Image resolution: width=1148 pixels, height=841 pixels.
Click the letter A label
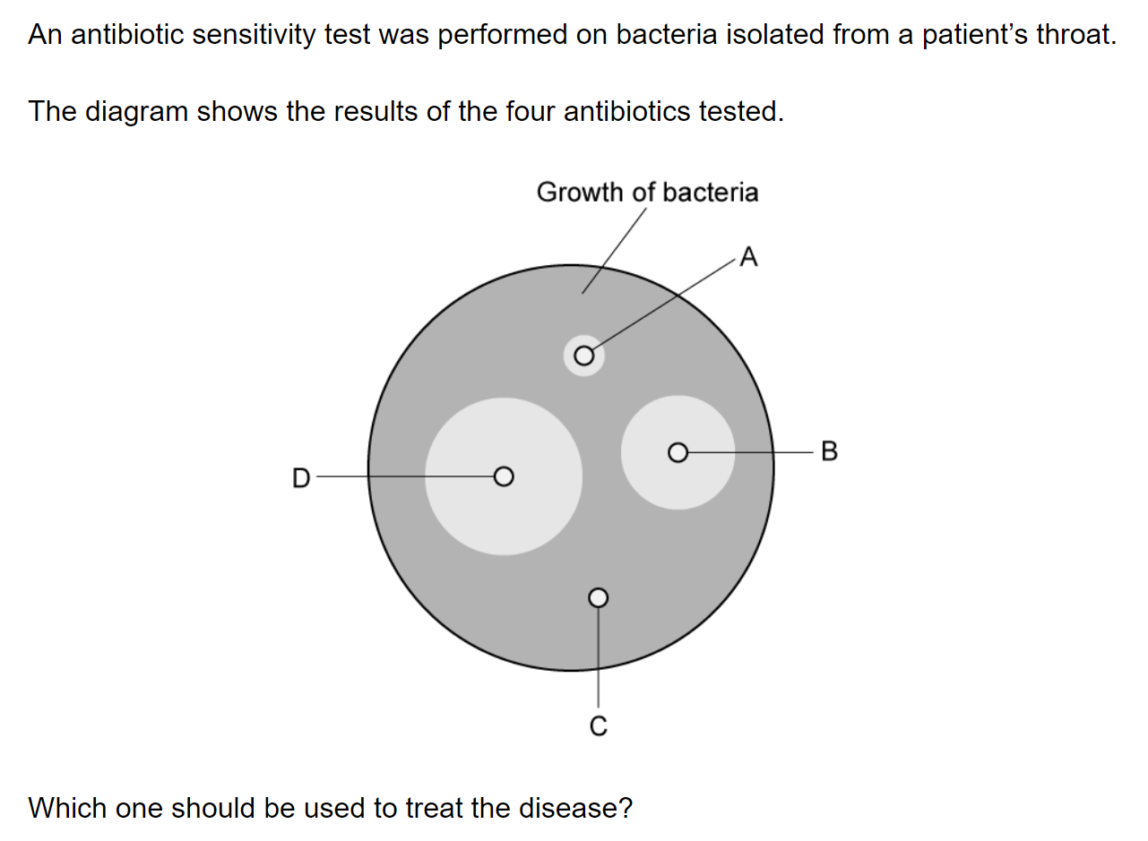pyautogui.click(x=749, y=257)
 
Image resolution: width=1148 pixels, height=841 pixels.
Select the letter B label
pyautogui.click(x=829, y=451)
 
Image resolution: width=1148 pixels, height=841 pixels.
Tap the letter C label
pyautogui.click(x=599, y=725)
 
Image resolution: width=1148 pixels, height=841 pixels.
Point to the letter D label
pyautogui.click(x=301, y=478)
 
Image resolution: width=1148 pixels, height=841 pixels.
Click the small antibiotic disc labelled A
pyautogui.click(x=584, y=356)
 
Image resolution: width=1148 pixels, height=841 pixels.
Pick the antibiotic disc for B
pyautogui.click(x=678, y=452)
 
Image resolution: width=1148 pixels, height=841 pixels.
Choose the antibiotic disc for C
pyautogui.click(x=599, y=597)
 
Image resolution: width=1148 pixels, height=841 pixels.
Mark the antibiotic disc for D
pyautogui.click(x=504, y=476)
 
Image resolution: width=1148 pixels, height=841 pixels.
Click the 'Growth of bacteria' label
pyautogui.click(x=647, y=193)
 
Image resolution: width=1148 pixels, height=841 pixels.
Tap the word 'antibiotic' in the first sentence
pyautogui.click(x=127, y=34)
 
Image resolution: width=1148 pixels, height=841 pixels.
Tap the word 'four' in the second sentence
pyautogui.click(x=531, y=111)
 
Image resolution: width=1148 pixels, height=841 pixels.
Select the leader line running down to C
pyautogui.click(x=599, y=657)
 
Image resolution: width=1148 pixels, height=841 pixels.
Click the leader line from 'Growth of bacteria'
pyautogui.click(x=615, y=251)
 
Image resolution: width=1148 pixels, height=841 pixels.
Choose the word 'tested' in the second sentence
pyautogui.click(x=737, y=111)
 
